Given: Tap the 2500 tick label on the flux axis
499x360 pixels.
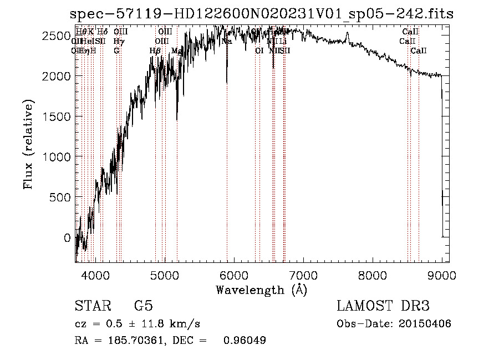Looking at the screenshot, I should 57,36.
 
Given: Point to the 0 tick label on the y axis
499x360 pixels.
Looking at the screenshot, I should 68,238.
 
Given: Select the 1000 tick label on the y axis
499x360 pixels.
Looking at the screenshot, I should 57,157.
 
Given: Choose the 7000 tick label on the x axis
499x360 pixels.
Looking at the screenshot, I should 303,275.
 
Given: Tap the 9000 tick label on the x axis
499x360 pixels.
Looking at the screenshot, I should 442,275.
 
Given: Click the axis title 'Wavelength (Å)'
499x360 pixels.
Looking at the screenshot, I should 261,290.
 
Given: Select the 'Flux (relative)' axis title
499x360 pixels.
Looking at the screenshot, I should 28,144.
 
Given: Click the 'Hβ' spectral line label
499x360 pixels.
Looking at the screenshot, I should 155,50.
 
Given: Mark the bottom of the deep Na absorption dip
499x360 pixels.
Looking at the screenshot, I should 227,83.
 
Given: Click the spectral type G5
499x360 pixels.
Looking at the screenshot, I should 143,306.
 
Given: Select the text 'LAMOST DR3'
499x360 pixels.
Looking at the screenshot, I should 383,306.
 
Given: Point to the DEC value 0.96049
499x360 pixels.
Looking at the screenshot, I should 245,341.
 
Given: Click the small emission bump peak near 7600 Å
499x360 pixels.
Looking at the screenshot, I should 348,33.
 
